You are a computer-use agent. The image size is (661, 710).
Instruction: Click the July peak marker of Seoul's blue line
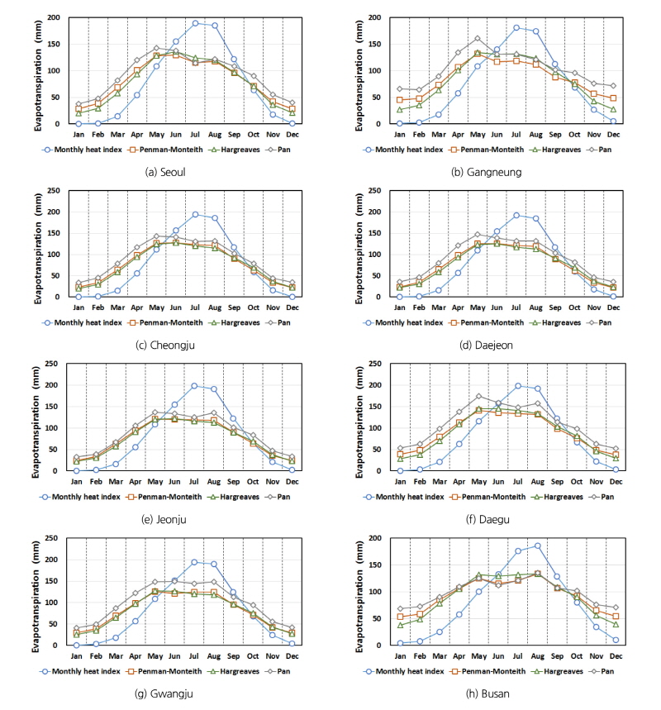[195, 23]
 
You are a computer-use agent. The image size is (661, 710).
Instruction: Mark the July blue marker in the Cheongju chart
[195, 214]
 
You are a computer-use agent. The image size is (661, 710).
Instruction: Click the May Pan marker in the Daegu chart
[478, 396]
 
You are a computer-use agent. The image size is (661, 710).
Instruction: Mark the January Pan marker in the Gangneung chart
[400, 88]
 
